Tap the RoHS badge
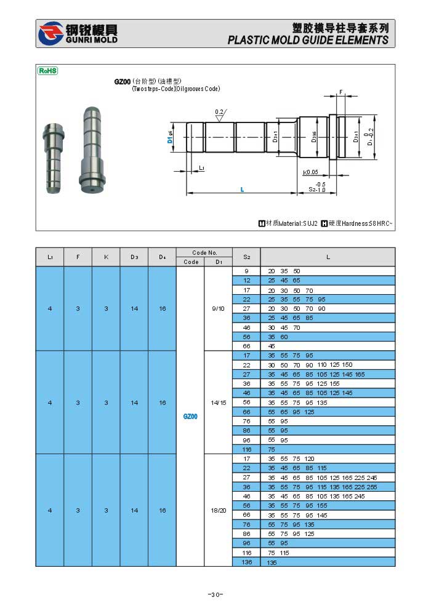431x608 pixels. (48, 71)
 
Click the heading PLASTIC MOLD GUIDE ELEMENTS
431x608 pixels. (308, 40)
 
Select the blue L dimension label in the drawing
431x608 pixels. (242, 189)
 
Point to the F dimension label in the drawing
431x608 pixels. (340, 92)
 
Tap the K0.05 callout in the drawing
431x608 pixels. (310, 172)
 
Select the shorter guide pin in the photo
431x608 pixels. (54, 157)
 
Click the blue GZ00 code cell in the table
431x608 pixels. (190, 417)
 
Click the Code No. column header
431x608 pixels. (204, 252)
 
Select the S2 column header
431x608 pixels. (247, 257)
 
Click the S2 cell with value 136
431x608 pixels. (247, 562)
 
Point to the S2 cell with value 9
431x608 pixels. (247, 271)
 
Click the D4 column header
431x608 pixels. (163, 257)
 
